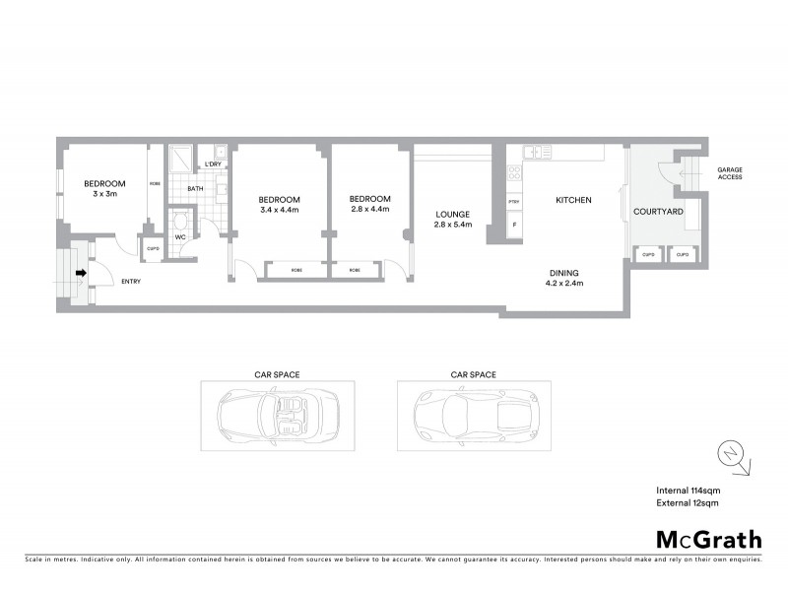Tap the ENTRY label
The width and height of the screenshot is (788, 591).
click(x=130, y=282)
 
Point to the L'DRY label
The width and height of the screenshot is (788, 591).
click(x=213, y=164)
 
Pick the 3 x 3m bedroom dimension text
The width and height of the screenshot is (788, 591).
click(x=104, y=194)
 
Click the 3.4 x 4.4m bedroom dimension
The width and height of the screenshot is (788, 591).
click(x=278, y=210)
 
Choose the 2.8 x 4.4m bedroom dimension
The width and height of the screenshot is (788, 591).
click(x=370, y=209)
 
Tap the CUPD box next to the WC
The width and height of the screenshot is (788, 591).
click(x=153, y=248)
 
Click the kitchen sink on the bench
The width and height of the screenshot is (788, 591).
click(x=538, y=152)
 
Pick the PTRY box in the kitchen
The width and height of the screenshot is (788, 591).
click(x=513, y=202)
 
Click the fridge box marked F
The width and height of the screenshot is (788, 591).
click(x=513, y=226)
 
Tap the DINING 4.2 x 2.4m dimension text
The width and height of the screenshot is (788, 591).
click(x=564, y=284)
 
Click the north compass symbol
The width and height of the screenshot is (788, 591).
click(x=729, y=454)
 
